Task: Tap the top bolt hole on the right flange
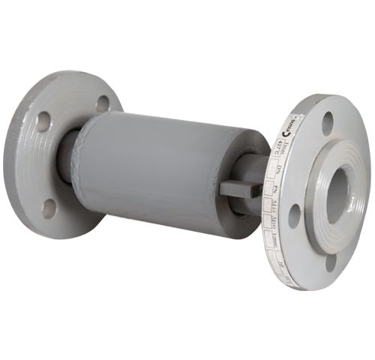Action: click(x=328, y=123)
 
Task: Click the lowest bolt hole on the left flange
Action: click(x=49, y=208)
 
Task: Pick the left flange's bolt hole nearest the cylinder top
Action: click(x=103, y=104)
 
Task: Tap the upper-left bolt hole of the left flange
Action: click(x=43, y=121)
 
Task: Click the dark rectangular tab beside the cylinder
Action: click(x=239, y=187)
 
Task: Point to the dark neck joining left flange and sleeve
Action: click(x=67, y=157)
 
